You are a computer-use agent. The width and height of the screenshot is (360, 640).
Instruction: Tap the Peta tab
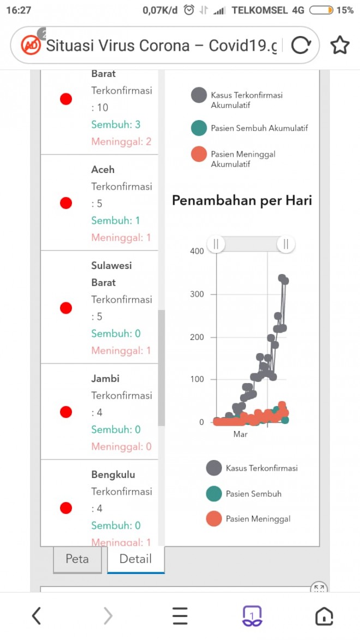(x=77, y=559)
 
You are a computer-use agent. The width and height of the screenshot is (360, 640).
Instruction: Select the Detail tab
(x=135, y=559)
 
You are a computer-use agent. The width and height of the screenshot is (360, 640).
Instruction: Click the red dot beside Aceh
(x=66, y=203)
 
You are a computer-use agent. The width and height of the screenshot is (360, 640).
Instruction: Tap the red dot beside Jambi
(x=66, y=412)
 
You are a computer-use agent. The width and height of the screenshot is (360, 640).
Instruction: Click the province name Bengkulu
(x=113, y=475)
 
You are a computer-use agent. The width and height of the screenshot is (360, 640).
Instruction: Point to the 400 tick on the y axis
(x=197, y=251)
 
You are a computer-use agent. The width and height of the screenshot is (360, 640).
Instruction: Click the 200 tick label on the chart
(x=197, y=337)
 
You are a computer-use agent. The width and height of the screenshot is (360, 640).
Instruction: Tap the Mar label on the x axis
(x=240, y=434)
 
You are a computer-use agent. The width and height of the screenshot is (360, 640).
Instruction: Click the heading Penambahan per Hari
(x=242, y=201)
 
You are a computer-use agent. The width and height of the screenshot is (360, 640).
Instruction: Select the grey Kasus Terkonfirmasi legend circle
(x=214, y=468)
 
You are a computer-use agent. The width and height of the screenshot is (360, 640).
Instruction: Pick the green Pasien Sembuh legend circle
(x=214, y=494)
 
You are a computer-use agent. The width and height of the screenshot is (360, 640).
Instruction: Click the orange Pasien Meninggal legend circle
(x=214, y=519)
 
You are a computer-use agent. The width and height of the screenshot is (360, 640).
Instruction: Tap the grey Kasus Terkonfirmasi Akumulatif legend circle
(x=199, y=95)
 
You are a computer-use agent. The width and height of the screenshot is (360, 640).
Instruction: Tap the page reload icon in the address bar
(x=301, y=45)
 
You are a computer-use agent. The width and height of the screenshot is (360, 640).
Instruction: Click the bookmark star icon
(x=339, y=45)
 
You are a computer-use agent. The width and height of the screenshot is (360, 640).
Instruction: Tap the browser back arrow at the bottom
(x=36, y=616)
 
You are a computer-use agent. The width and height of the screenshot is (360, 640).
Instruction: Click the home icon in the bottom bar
(x=324, y=616)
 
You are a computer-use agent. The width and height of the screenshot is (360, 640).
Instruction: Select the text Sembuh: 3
(x=116, y=124)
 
